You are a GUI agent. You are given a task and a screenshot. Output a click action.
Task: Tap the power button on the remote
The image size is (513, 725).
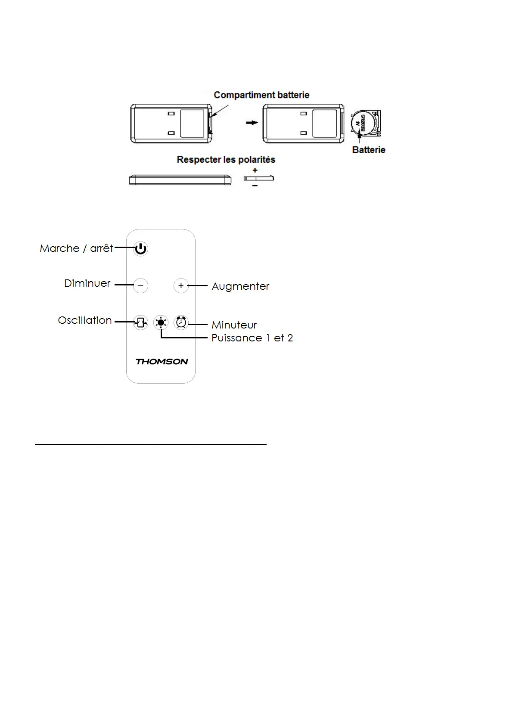click(x=140, y=249)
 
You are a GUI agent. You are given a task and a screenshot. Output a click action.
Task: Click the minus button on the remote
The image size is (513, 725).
click(x=140, y=285)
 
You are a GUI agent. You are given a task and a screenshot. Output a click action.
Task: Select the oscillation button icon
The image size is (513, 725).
click(x=140, y=322)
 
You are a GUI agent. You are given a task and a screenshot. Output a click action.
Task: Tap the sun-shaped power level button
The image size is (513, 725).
click(x=161, y=322)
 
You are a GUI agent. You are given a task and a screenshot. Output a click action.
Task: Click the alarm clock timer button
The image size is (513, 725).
click(x=181, y=322)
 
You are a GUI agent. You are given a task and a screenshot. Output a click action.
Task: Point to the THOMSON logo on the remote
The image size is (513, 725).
click(x=162, y=362)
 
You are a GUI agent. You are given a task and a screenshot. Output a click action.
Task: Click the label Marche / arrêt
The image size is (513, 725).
click(x=76, y=248)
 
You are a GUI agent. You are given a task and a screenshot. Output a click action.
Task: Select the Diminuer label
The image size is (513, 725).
click(x=87, y=283)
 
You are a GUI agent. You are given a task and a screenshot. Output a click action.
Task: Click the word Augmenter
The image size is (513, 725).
click(x=240, y=286)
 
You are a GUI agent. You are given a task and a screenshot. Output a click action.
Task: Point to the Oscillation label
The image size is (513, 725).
click(x=85, y=320)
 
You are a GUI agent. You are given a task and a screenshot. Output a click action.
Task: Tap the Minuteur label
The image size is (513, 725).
click(x=234, y=325)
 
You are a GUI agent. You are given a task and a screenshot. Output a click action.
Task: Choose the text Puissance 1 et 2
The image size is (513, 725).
click(x=252, y=338)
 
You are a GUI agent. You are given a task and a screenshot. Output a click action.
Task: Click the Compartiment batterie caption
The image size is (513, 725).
click(x=261, y=95)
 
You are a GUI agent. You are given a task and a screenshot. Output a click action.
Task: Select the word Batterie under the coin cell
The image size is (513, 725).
click(x=369, y=150)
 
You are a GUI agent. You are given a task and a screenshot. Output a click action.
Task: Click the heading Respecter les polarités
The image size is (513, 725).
click(x=226, y=160)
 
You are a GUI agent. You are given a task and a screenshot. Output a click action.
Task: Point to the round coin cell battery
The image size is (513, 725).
click(x=361, y=123)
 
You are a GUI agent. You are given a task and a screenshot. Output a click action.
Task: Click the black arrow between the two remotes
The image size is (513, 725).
click(x=252, y=123)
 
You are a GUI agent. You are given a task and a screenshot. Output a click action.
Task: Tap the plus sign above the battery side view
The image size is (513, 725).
click(x=255, y=170)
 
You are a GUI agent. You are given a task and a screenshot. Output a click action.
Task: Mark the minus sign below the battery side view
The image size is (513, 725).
click(x=255, y=186)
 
